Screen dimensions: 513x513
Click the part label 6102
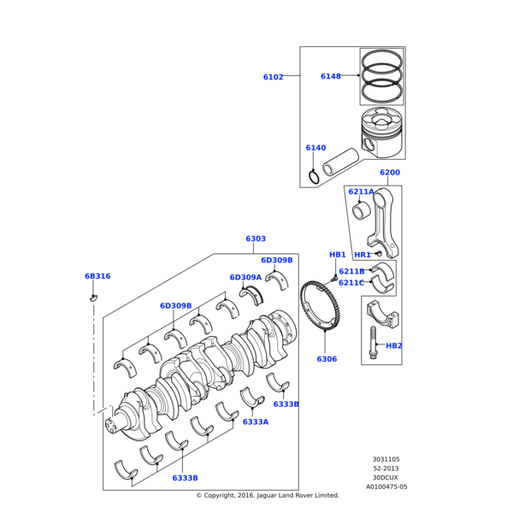(273, 77)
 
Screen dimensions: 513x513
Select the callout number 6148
(330, 76)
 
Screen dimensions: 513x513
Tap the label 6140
(315, 148)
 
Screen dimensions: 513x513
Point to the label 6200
(389, 173)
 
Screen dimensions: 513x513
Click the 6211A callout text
(361, 192)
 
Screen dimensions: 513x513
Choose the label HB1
(337, 255)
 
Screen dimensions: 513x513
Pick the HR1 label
(363, 255)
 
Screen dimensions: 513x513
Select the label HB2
(393, 345)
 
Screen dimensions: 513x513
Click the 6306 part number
(327, 359)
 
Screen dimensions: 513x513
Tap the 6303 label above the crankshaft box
(256, 239)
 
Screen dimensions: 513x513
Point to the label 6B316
(97, 276)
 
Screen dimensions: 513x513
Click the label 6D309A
(245, 277)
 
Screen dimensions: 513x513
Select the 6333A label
(255, 422)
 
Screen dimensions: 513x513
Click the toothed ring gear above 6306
(320, 311)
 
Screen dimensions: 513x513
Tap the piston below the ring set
(381, 133)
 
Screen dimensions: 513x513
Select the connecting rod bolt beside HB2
(373, 342)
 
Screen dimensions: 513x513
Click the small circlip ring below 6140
(315, 177)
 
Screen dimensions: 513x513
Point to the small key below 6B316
(94, 298)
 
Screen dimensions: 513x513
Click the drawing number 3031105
(386, 459)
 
